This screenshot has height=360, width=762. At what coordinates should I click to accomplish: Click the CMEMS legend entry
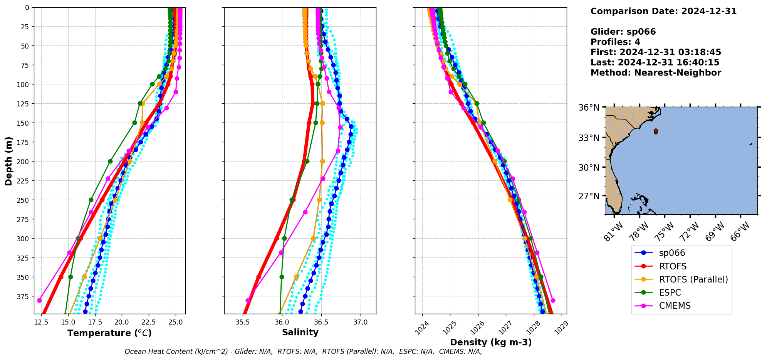675,306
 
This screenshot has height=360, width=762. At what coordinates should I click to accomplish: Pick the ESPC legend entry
670,293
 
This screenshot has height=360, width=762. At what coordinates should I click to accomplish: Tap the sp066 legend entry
672,253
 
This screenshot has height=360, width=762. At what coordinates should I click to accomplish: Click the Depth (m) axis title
8,161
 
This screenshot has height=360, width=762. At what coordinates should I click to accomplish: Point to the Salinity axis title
300,333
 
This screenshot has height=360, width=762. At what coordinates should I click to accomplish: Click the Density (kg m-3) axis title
490,342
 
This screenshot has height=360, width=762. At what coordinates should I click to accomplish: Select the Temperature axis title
109,333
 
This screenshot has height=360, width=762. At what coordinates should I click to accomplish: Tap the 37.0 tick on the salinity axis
361,322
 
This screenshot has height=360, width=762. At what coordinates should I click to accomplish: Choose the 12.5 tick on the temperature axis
41,322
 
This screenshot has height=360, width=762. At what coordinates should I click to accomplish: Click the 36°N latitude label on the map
589,108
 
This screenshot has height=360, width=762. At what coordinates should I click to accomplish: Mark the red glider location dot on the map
656,131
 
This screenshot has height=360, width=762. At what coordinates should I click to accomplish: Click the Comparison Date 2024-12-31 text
663,11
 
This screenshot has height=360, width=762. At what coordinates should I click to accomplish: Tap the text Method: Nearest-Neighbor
656,73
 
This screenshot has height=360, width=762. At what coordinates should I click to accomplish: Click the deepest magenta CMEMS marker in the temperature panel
39,300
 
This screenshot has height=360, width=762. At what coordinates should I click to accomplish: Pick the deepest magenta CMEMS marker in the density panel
553,300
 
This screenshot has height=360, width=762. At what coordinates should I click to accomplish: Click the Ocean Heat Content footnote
303,352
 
